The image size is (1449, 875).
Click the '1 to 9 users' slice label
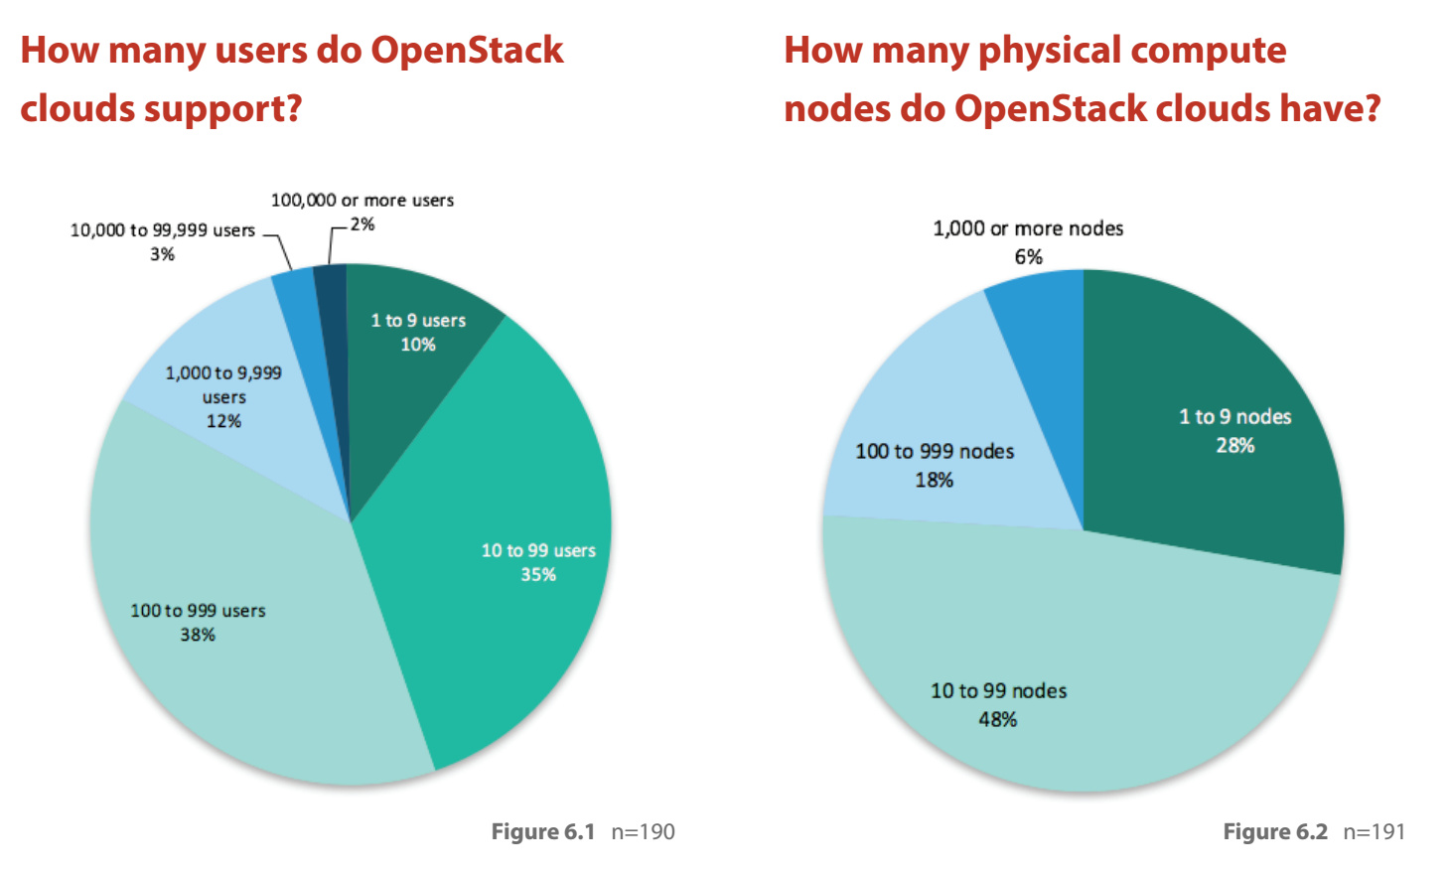pos(418,320)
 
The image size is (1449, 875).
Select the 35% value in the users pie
pos(538,575)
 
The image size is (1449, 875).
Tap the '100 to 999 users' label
pos(198,610)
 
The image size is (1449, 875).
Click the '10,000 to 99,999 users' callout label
pos(162,230)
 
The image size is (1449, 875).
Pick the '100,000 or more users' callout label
pos(362,200)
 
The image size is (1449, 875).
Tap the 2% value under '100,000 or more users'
pos(362,224)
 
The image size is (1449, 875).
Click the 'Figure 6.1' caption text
pos(542,831)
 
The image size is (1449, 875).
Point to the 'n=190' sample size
pos(643,831)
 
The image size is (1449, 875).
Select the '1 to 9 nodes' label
pos(1234,417)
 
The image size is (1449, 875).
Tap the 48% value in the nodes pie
pos(997,719)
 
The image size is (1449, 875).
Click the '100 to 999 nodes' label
pos(935,451)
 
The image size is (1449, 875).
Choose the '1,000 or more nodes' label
pos(1028,228)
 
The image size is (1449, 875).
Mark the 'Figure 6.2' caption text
pos(1274,831)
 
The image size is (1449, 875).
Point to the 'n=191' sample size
pos(1374,831)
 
